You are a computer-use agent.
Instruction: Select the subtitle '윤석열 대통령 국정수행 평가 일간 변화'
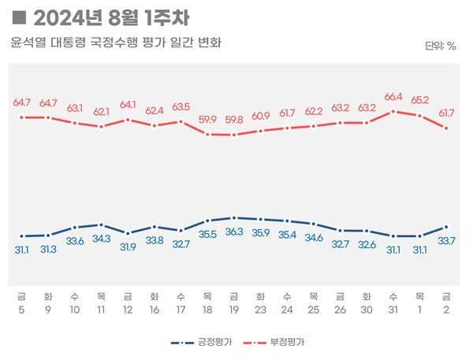click(x=116, y=43)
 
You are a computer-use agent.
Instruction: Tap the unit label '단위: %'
click(x=440, y=46)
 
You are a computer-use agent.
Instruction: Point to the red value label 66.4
click(x=393, y=97)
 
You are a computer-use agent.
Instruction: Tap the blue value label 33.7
click(x=447, y=240)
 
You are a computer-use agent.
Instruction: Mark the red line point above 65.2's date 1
click(x=419, y=116)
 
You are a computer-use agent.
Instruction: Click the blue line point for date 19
click(x=234, y=217)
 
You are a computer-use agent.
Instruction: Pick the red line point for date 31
click(x=393, y=111)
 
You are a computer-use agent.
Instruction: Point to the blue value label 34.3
click(x=102, y=238)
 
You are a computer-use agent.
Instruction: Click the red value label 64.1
click(x=128, y=105)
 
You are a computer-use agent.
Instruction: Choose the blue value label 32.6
click(x=367, y=244)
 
